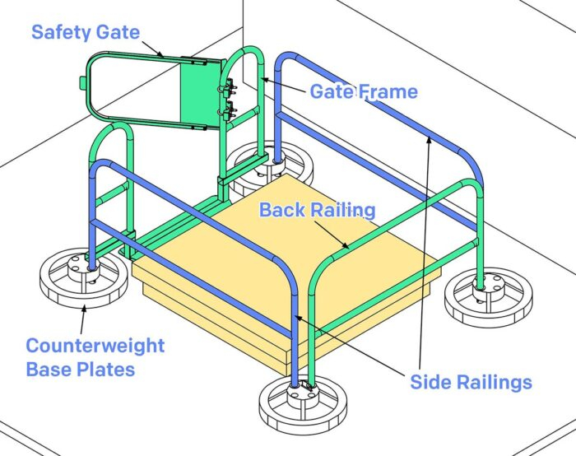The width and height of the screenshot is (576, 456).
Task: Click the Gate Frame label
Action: (x=363, y=91)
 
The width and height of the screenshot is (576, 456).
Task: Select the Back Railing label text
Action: (x=317, y=210)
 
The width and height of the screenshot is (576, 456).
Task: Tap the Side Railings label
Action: (x=471, y=381)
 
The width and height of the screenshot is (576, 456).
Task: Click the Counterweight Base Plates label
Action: (x=95, y=356)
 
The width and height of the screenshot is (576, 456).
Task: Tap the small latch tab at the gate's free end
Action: (x=80, y=82)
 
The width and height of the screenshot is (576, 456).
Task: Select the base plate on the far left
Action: (x=84, y=278)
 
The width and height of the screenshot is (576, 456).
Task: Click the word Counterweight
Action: (x=95, y=346)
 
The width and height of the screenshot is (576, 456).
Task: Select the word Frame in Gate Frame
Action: (x=388, y=91)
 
